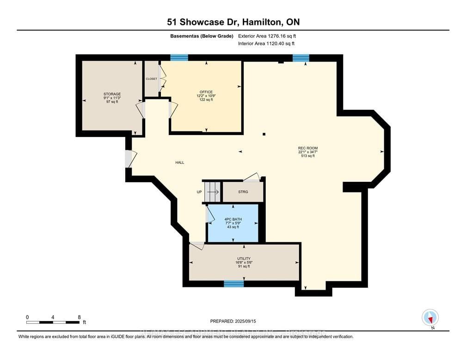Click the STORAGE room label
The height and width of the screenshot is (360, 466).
pyautogui.click(x=112, y=94)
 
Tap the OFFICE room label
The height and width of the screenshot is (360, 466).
pyautogui.click(x=206, y=92)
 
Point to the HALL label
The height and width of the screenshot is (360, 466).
pyautogui.click(x=179, y=162)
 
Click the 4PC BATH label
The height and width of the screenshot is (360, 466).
pyautogui.click(x=233, y=219)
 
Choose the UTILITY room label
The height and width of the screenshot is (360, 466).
pyautogui.click(x=244, y=259)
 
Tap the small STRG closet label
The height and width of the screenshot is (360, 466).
pyautogui.click(x=243, y=192)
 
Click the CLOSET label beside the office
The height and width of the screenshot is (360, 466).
pyautogui.click(x=151, y=79)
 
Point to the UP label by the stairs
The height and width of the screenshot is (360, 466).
pyautogui.click(x=199, y=192)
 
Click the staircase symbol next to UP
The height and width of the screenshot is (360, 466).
pyautogui.click(x=213, y=191)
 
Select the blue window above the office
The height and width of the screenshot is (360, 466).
pyautogui.click(x=179, y=58)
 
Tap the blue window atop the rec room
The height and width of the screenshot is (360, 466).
pyautogui.click(x=300, y=58)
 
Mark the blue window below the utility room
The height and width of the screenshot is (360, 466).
pyautogui.click(x=233, y=283)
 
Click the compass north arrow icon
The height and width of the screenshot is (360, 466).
pyautogui.click(x=430, y=318)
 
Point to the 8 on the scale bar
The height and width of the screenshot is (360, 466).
pyautogui.click(x=79, y=317)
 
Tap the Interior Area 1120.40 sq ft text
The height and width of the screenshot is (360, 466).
pyautogui.click(x=266, y=43)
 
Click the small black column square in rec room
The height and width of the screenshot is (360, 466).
pyautogui.click(x=264, y=134)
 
